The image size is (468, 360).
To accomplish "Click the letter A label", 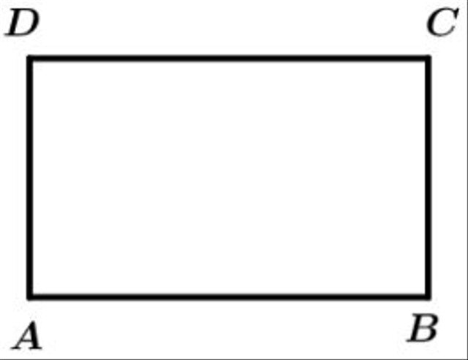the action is (x=27, y=335).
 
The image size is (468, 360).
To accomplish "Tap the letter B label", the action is (x=423, y=327).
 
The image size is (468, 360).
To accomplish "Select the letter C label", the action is (x=442, y=22).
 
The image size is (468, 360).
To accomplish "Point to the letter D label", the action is (x=22, y=23).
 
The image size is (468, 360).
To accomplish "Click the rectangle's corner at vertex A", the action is (x=29, y=297).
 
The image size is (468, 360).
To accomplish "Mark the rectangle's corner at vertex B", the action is (x=428, y=297).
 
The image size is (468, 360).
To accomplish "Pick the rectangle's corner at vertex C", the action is (x=428, y=58).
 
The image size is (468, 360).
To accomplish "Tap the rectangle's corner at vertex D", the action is (x=29, y=58).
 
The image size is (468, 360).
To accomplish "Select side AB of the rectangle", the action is (x=229, y=297).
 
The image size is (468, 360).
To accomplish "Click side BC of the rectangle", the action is (x=428, y=178).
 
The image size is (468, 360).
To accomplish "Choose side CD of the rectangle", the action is (x=229, y=58).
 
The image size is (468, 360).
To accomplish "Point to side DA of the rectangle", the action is (x=29, y=178).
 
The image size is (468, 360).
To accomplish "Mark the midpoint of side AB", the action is (x=229, y=297).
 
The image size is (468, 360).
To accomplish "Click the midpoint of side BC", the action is (x=428, y=178).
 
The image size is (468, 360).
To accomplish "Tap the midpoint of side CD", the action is (x=229, y=58).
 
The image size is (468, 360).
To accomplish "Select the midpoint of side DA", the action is (x=29, y=178).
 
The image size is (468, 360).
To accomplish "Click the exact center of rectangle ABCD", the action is (x=229, y=178).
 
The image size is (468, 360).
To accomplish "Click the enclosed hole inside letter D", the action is (x=24, y=23).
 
